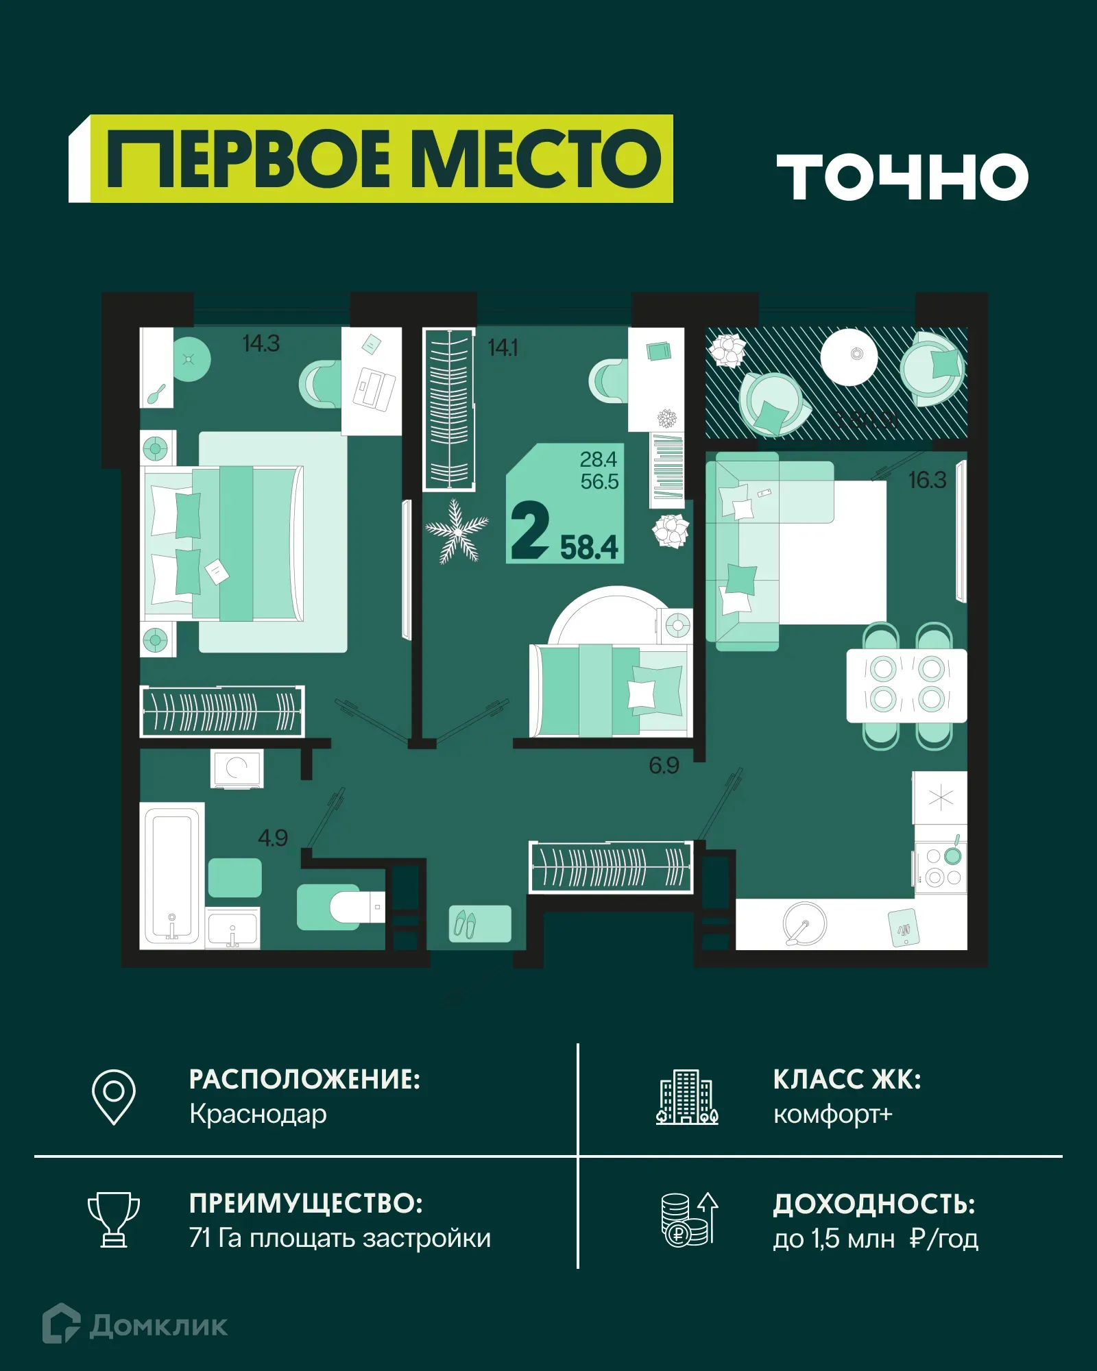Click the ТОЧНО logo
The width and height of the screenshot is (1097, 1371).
(x=902, y=177)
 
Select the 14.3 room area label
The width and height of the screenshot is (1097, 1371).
(x=261, y=343)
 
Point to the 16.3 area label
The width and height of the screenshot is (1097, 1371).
(x=927, y=481)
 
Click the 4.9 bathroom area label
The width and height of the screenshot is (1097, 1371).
(x=272, y=838)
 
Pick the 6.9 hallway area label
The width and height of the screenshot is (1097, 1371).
(x=664, y=766)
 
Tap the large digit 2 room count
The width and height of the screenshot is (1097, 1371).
(x=530, y=531)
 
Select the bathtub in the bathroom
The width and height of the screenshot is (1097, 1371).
(x=171, y=874)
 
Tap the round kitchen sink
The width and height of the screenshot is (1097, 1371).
(x=804, y=923)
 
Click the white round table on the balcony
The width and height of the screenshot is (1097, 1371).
(x=849, y=356)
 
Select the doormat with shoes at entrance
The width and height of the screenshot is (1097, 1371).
(x=480, y=924)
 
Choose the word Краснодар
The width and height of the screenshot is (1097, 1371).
(x=258, y=1115)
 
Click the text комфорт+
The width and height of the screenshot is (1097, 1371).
(x=832, y=1115)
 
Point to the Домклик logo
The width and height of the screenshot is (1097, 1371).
(x=135, y=1325)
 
